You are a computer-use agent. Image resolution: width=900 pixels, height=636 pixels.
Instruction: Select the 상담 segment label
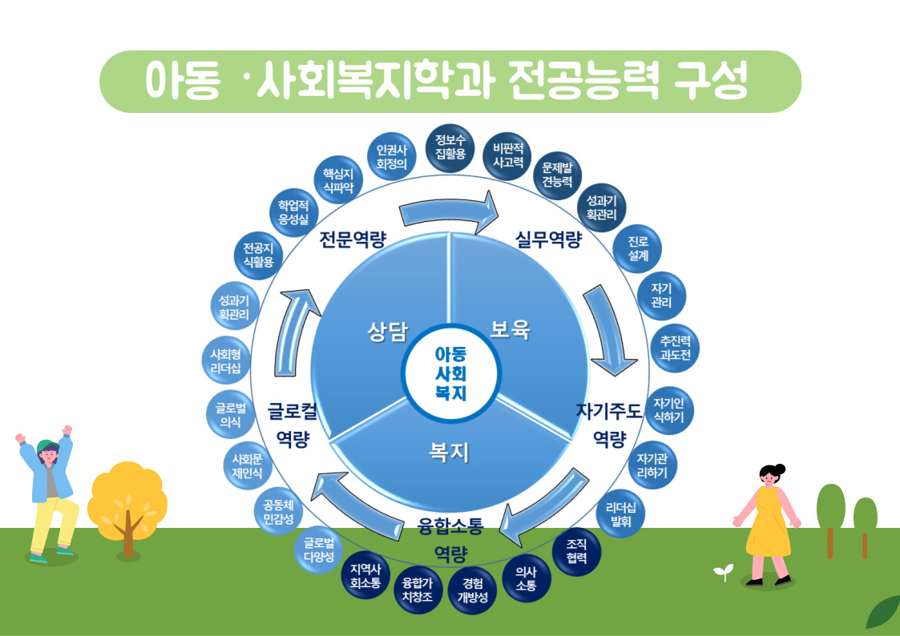point(387,331)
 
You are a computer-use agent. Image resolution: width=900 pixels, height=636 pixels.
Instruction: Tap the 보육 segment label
point(511,329)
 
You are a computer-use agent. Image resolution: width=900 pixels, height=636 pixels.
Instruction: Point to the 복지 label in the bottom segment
point(449,453)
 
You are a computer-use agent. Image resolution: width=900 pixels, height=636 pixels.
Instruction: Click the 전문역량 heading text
point(353,240)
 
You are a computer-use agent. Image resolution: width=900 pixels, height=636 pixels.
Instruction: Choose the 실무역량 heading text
point(548,240)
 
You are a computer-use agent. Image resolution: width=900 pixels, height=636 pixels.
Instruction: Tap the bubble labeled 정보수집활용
point(450,147)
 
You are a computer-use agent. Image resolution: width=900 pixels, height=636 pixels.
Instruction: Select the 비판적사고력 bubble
point(508,155)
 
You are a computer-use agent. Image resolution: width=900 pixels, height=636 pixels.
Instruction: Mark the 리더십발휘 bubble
point(621,513)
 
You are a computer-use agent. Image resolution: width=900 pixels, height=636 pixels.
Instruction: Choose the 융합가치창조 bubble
point(418,593)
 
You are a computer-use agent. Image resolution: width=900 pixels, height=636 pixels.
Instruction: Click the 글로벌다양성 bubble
point(318,551)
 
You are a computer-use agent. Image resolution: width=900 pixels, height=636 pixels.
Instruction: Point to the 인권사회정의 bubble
point(392,155)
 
